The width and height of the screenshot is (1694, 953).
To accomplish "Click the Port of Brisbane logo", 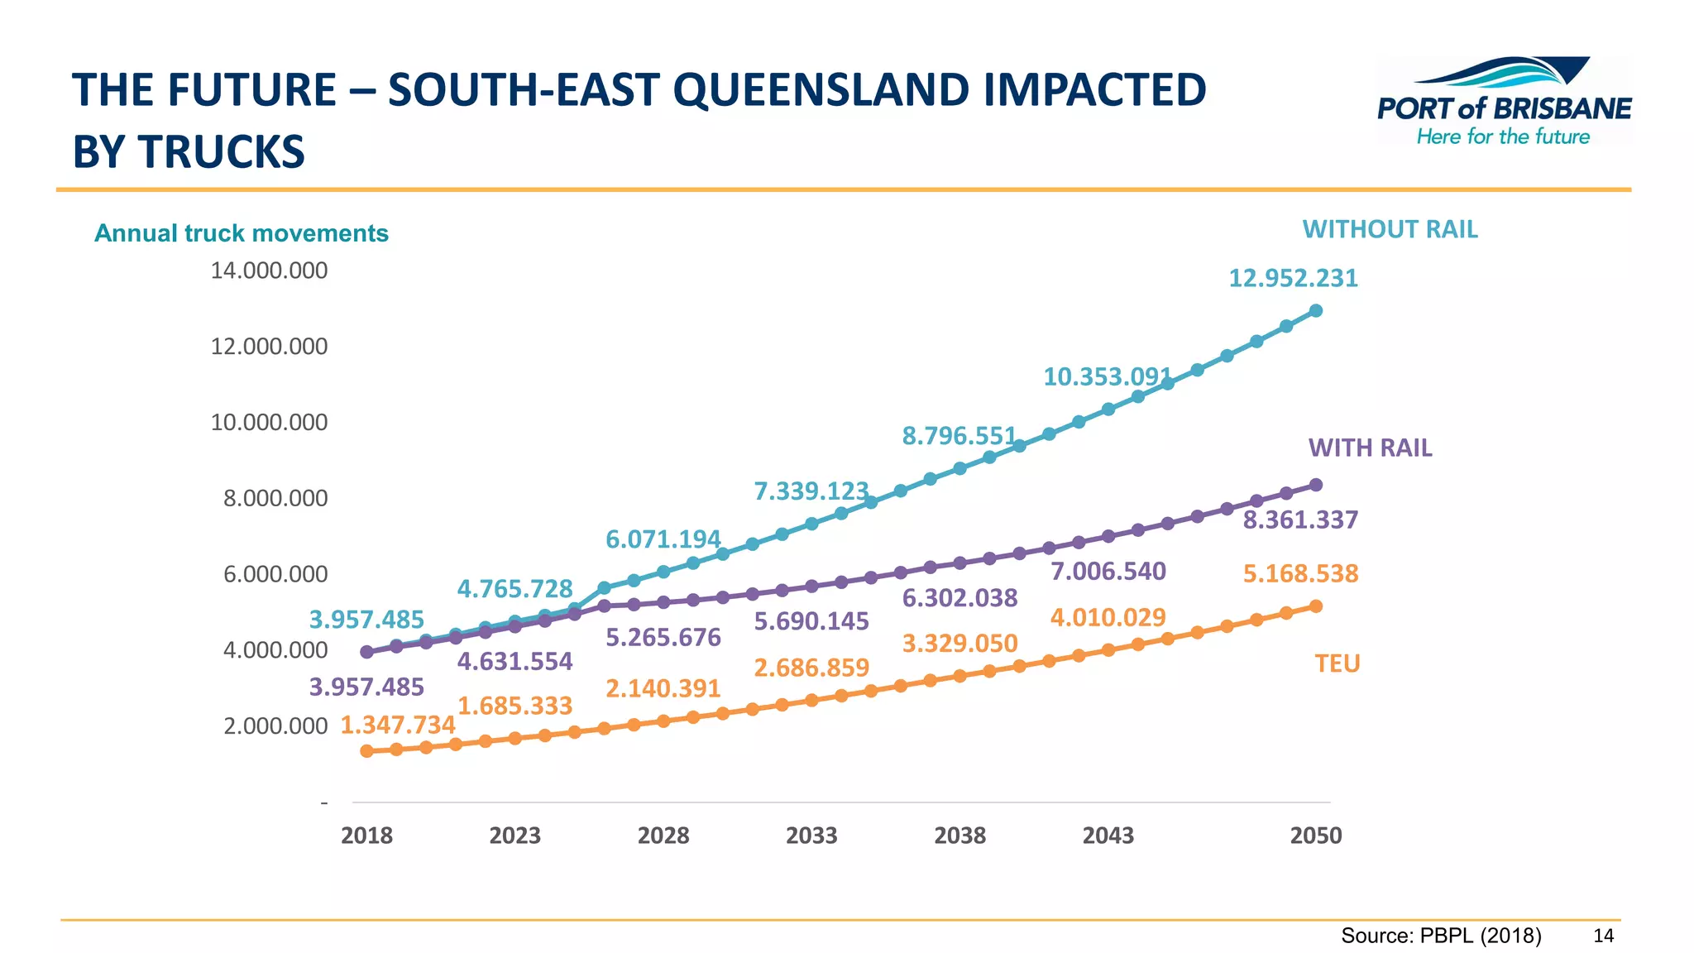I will tap(1503, 101).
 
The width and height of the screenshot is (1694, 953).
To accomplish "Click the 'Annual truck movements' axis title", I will tap(241, 233).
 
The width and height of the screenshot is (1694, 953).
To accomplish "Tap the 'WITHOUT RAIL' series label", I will tap(1390, 229).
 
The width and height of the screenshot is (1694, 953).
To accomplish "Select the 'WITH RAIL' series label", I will tap(1370, 448).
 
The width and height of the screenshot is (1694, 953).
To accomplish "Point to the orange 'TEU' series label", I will tap(1337, 663).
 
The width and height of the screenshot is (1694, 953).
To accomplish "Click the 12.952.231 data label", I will tap(1293, 278).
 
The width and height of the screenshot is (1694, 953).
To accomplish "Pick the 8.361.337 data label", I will tap(1300, 520).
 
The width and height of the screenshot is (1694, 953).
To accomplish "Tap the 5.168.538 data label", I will tap(1300, 573).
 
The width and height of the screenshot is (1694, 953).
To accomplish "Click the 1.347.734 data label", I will tap(398, 725).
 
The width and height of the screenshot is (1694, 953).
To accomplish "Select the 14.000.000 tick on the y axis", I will tap(269, 271).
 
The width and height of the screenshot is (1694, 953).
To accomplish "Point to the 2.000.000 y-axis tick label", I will tap(275, 726).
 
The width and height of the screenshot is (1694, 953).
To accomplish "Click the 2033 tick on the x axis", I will tap(811, 836).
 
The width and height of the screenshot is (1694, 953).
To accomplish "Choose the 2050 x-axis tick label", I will tap(1315, 836).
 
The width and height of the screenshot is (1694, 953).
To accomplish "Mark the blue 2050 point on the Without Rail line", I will tap(1316, 311).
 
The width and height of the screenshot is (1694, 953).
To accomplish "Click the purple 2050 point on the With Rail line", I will tap(1316, 485).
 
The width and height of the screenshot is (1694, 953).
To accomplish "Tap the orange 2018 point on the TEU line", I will tap(366, 751).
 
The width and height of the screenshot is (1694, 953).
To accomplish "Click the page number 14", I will tap(1603, 936).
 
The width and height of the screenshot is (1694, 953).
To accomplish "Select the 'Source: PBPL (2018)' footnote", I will tap(1441, 936).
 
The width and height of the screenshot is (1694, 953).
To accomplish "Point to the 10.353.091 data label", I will tap(1108, 377).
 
